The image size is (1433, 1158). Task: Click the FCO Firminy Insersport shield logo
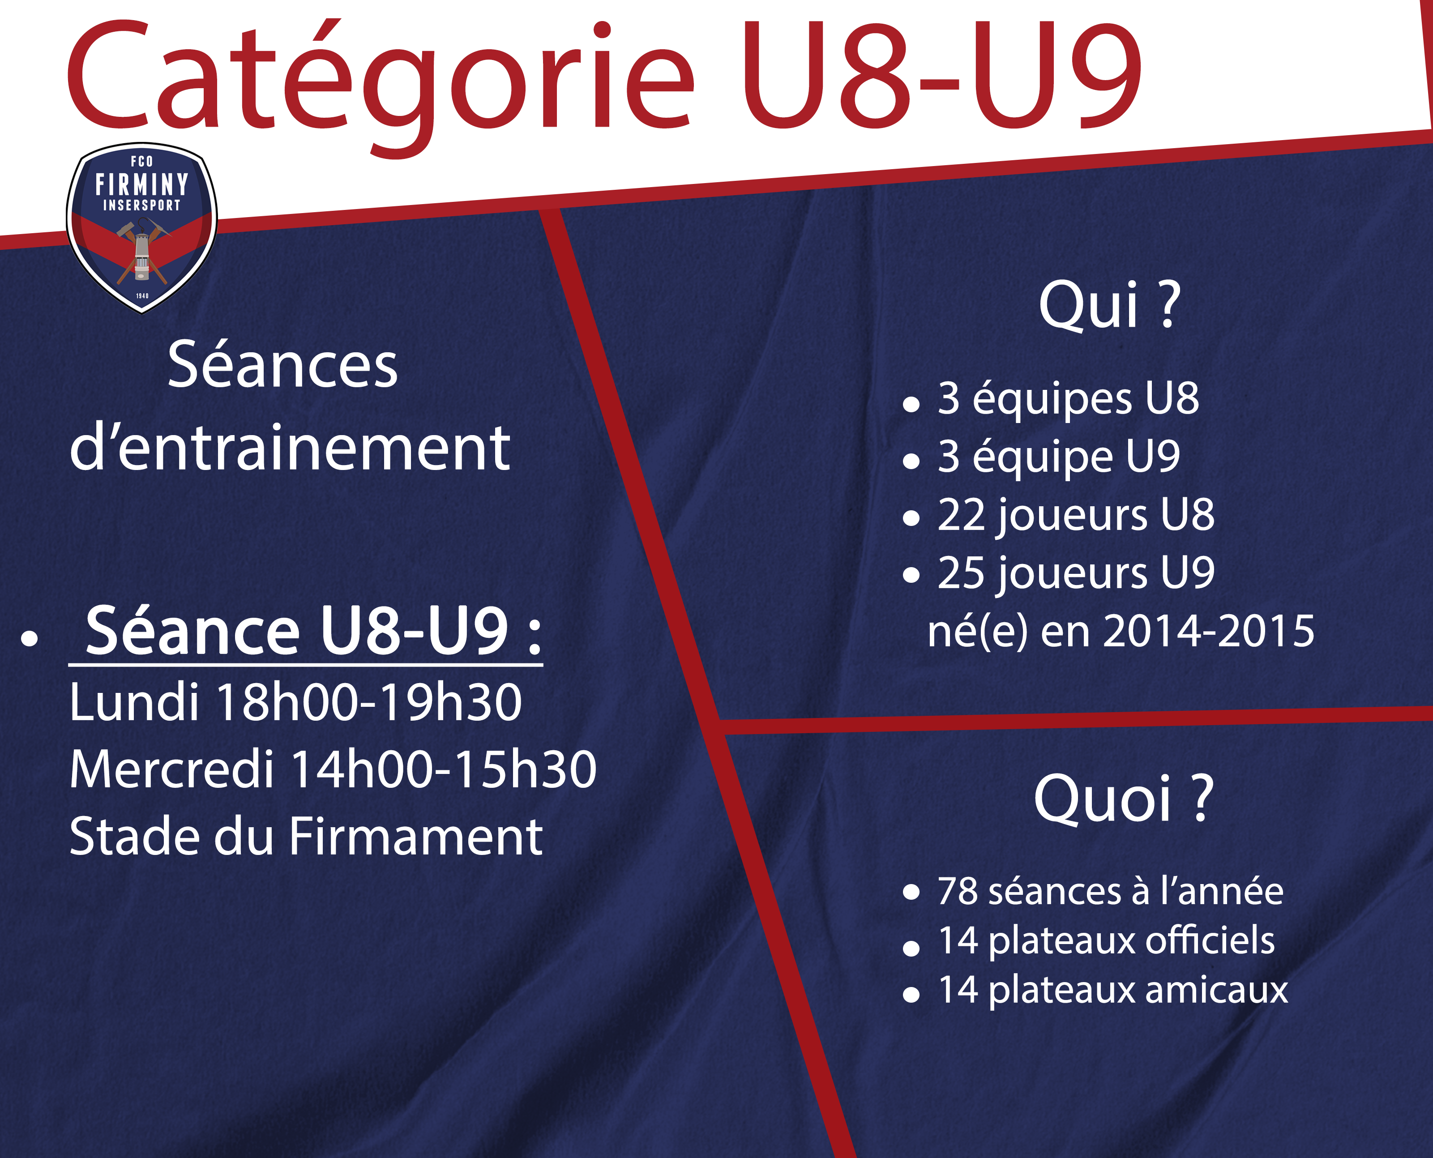coord(141,227)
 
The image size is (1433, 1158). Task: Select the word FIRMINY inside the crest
coord(141,184)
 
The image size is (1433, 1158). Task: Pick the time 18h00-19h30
coord(369,702)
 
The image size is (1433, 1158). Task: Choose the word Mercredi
coord(171,769)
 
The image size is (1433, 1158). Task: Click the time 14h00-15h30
coord(444,769)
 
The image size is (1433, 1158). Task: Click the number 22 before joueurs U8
coord(961,514)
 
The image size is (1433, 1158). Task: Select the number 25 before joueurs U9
coord(961,573)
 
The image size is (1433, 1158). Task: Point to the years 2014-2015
coord(1209,631)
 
